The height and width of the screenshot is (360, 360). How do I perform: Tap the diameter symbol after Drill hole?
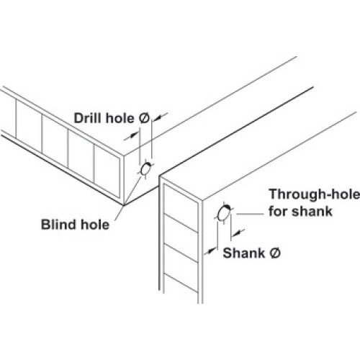click(x=145, y=118)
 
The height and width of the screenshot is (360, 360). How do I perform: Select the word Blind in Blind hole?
click(x=58, y=225)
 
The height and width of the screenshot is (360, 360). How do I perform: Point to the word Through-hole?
click(x=314, y=194)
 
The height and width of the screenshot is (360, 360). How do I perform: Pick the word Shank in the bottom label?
click(x=244, y=253)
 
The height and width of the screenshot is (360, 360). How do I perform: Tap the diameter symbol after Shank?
click(x=275, y=253)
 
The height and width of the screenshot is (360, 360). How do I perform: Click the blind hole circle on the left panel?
click(x=145, y=169)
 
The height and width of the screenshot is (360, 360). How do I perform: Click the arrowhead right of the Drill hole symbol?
click(x=156, y=118)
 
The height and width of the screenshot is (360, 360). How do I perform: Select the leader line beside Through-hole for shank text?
click(x=250, y=214)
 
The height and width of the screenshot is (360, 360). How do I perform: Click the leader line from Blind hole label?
click(x=127, y=198)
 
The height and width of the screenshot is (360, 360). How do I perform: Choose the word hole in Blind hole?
click(x=95, y=225)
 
